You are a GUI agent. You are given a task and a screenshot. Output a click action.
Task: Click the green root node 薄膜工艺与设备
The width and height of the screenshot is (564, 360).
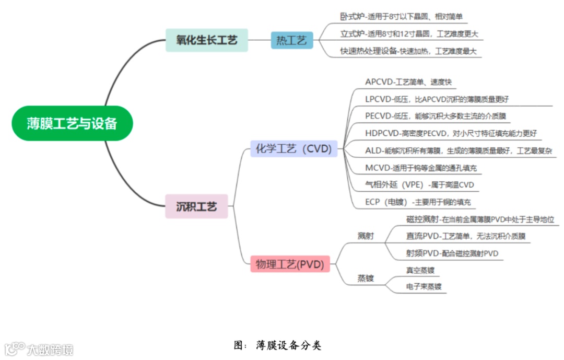[x=72, y=123]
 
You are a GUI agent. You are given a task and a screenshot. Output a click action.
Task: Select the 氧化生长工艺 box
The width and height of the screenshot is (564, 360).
[x=207, y=40]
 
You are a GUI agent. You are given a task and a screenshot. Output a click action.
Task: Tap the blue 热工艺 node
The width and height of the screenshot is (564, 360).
[x=291, y=40]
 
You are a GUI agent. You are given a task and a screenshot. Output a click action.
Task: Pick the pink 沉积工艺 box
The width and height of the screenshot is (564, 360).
[x=196, y=206]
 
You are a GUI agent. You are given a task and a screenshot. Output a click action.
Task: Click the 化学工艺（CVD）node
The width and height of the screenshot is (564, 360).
[x=293, y=149]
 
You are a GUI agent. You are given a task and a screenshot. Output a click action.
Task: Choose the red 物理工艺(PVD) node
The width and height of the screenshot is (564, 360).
[x=290, y=264]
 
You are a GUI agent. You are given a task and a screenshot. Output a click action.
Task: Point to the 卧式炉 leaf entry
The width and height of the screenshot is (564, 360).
[x=401, y=17]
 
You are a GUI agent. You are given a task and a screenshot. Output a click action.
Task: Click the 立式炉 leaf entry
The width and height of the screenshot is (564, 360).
[x=408, y=34]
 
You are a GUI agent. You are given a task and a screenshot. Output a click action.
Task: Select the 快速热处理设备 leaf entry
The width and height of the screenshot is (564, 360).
[x=408, y=51]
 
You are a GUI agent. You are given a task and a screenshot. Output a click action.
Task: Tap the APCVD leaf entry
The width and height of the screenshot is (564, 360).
[x=408, y=82]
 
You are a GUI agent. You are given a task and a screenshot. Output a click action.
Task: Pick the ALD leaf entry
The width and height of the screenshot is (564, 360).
[x=459, y=151]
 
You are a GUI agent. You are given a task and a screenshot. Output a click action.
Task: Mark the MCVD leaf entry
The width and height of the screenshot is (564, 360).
[x=421, y=168]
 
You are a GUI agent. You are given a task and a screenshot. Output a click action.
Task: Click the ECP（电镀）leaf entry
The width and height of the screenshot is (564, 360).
[x=418, y=202]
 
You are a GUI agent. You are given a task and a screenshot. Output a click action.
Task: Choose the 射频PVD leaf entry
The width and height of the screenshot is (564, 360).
[x=452, y=253]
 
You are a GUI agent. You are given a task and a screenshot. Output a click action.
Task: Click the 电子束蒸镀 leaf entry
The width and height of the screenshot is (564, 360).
[x=424, y=286]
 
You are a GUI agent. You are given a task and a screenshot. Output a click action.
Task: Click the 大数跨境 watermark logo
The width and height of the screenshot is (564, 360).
[x=40, y=349]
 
